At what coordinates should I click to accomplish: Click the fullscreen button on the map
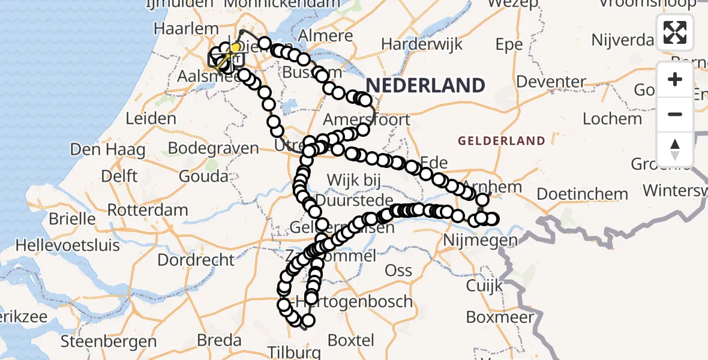675,32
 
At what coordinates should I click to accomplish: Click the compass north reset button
675,149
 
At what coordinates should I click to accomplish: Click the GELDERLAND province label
502,142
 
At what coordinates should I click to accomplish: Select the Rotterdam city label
148,211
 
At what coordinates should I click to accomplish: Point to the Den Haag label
107,149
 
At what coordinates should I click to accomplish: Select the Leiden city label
151,118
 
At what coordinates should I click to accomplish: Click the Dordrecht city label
196,260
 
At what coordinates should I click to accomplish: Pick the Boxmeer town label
496,317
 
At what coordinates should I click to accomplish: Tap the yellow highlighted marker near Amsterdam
236,47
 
